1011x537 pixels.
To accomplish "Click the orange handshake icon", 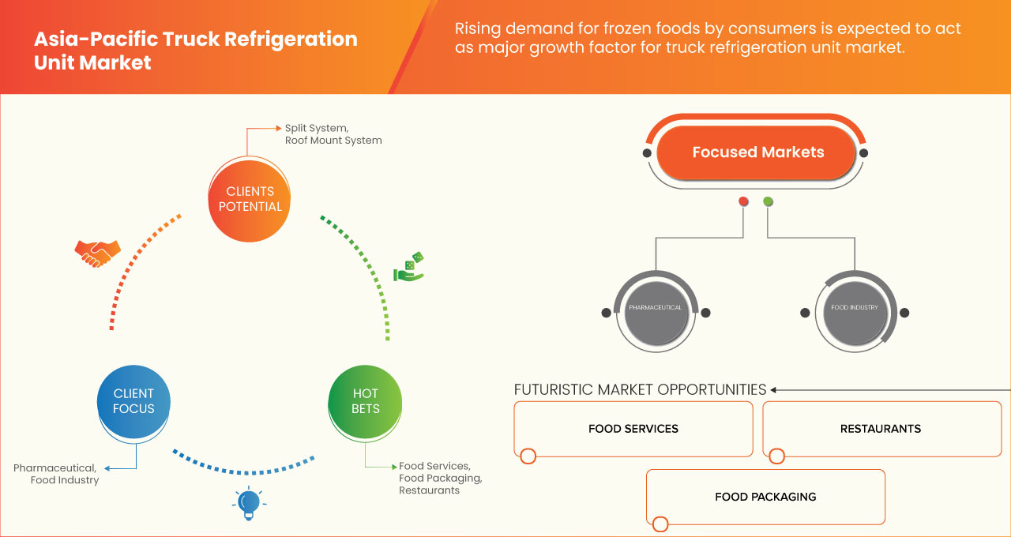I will (97, 253).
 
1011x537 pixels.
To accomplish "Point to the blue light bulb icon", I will (249, 503).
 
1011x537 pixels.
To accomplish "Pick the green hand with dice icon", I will (408, 268).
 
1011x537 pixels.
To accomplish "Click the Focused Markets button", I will (757, 152).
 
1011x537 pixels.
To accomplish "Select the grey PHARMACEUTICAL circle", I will (655, 308).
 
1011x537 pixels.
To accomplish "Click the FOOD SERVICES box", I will (633, 429).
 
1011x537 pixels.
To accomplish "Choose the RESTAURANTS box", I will (881, 429).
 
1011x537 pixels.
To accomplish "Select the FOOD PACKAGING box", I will (765, 497).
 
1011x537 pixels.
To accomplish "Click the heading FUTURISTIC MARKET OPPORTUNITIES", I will (640, 389).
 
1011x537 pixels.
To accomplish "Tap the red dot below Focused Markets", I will (743, 202).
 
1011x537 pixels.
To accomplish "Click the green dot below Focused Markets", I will (768, 202).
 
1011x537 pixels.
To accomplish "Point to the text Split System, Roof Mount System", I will (333, 133).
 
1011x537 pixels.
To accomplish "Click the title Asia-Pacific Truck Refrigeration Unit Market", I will (195, 51).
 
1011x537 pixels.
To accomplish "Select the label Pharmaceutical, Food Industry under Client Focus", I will (56, 474).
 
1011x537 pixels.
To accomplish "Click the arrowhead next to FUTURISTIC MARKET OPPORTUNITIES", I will (774, 389).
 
